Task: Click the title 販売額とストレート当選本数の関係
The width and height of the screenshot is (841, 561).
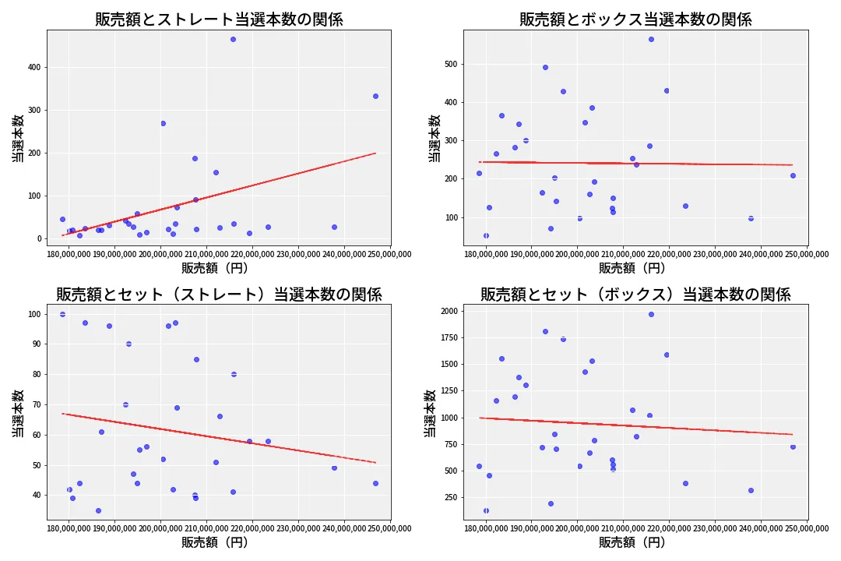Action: coord(219,19)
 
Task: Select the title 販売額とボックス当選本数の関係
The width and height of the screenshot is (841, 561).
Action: coord(635,19)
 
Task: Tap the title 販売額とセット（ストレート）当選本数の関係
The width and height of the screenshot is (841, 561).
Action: coord(219,295)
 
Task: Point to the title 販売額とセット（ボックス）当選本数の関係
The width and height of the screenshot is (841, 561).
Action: coord(635,295)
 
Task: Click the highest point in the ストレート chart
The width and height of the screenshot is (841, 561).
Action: coord(233,39)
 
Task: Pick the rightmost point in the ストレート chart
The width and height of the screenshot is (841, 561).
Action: coord(375,96)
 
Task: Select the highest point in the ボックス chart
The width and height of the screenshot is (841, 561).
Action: coord(651,39)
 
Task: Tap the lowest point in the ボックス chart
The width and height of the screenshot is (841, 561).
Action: coord(486,235)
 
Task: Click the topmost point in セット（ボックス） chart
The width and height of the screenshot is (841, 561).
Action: coord(651,314)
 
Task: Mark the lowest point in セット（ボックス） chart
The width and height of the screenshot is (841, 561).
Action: coord(486,511)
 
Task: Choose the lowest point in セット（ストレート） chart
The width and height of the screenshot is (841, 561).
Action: coord(98,510)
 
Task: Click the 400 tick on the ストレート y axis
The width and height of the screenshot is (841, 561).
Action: coord(34,68)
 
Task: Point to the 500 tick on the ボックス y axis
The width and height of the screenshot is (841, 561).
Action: coord(451,64)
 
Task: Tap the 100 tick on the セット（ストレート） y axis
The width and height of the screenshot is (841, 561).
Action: coord(34,314)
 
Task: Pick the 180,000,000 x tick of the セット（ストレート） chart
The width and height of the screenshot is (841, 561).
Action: coord(70,528)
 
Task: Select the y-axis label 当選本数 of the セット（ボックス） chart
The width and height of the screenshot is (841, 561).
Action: coord(430,413)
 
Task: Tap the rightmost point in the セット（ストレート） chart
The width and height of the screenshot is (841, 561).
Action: coord(375,483)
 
